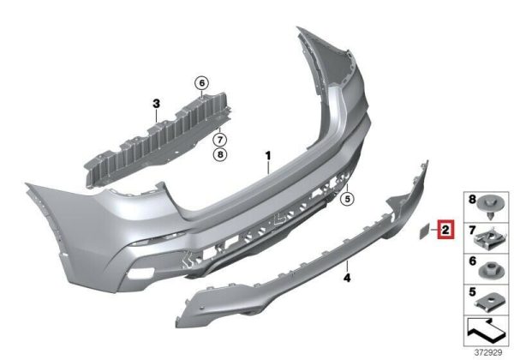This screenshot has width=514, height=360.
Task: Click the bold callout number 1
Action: coord(268,155)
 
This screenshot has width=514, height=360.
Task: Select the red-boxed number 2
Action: coord(445,230)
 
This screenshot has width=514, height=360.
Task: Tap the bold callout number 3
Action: coord(157,104)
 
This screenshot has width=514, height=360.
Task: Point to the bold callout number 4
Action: coord(347,278)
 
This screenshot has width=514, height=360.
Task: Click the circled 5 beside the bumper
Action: coord(347,198)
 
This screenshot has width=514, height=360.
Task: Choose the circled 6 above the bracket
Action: coord(201,83)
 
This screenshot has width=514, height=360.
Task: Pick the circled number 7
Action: coord(220,140)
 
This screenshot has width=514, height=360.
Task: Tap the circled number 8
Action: coord(220,153)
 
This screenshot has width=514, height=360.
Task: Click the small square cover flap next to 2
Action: coord(424,231)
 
